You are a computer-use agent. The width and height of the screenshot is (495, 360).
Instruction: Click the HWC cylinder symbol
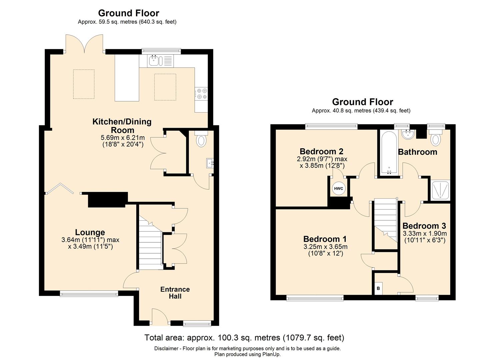point(338,189)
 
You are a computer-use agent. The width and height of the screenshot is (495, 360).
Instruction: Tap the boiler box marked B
point(378,288)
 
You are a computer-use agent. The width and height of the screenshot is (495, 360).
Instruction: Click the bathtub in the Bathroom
point(389,153)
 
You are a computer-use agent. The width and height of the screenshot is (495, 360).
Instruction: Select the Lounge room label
point(90,232)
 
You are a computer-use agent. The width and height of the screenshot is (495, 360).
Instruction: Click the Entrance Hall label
point(175,293)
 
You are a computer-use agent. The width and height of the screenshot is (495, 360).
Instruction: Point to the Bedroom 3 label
point(424,226)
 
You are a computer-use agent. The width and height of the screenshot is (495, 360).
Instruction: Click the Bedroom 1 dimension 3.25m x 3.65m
point(325,246)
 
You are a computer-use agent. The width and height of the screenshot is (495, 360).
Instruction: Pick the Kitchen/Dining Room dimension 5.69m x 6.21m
point(123,137)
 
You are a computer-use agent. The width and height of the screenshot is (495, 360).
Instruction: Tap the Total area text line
point(244,337)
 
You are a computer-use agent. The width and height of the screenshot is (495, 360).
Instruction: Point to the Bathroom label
point(417,152)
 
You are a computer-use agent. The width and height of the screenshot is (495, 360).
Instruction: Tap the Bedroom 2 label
point(322,151)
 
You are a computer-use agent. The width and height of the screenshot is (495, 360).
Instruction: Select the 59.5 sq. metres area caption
point(127,22)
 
